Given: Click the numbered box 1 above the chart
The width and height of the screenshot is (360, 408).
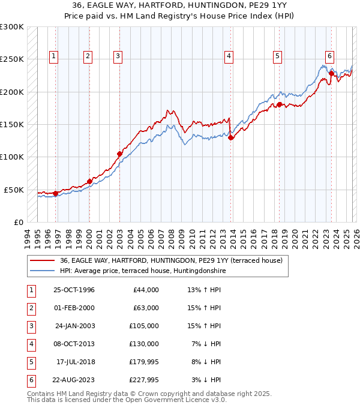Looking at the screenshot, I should (54, 57).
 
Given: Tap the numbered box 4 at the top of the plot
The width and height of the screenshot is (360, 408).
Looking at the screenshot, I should (229, 57).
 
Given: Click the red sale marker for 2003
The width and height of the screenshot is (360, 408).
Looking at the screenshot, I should (119, 154).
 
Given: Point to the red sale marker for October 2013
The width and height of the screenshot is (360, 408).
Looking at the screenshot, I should (230, 137).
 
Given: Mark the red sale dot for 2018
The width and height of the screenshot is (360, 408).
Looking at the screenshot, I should (280, 104).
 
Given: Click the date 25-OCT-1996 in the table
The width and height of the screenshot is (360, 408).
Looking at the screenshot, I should (74, 290).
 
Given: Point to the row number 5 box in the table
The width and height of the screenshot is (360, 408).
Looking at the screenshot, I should (31, 362).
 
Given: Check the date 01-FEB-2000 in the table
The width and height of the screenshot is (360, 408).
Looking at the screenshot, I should (74, 308).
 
